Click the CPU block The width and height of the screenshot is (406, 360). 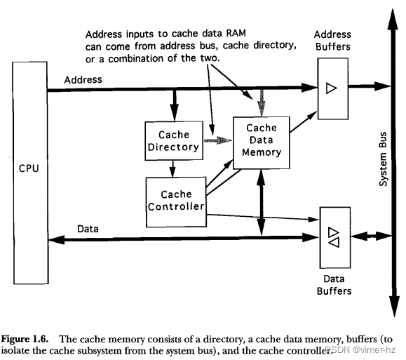tap(30, 173)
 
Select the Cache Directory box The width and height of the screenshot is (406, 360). tap(174, 141)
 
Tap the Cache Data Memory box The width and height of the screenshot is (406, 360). tap(262, 143)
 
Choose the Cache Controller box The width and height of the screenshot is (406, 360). tap(176, 202)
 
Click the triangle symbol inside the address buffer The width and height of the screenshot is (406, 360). tap(331, 88)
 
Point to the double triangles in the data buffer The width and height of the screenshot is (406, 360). tap(334, 237)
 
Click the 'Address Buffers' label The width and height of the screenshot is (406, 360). tap(332, 41)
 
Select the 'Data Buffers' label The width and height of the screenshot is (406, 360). tap(334, 285)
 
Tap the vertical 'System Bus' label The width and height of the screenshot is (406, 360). tap(384, 159)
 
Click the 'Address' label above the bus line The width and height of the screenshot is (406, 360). tap(83, 79)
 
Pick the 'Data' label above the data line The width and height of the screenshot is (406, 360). tap(88, 229)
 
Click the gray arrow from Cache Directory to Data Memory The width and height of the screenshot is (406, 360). tap(218, 140)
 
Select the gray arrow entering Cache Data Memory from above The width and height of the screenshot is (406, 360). tap(262, 103)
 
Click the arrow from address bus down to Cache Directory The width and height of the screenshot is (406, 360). tap(175, 105)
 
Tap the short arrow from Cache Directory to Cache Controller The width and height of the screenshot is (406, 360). tap(172, 168)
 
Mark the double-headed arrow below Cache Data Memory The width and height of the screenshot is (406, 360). tap(262, 202)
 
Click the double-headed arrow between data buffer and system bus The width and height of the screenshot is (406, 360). tap(371, 236)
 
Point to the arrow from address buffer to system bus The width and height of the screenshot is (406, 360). tap(370, 86)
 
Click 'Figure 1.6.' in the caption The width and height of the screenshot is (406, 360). tap(25, 339)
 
